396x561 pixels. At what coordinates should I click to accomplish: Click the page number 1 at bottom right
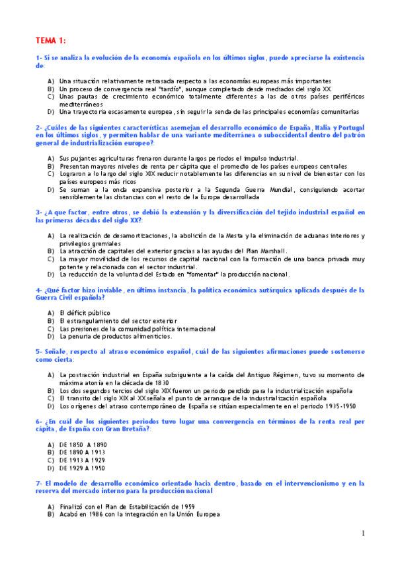point(363,533)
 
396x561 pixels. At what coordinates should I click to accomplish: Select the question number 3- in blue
point(39,212)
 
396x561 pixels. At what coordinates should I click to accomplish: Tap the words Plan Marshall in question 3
point(266,251)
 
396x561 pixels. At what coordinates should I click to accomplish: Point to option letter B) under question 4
point(51,320)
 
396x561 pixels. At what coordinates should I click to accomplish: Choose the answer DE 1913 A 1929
point(83,459)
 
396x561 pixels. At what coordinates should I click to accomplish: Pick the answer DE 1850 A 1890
point(83,443)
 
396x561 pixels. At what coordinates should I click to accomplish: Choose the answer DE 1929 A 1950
point(83,467)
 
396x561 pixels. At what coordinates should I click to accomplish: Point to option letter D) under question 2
point(51,189)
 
